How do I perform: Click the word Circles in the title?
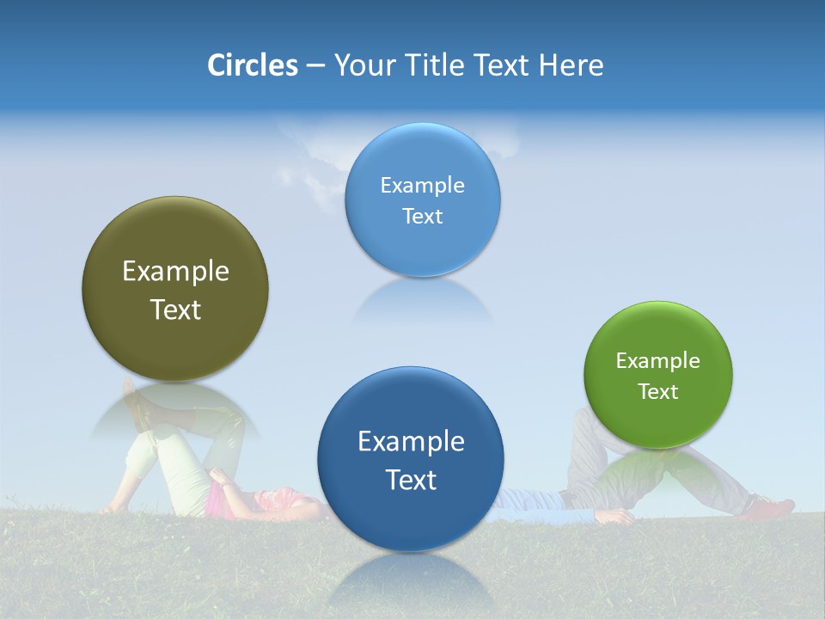[x=252, y=65]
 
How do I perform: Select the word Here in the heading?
[x=571, y=65]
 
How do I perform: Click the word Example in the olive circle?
[x=175, y=272]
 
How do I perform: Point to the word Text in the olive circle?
[x=175, y=309]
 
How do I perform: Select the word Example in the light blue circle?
[x=422, y=186]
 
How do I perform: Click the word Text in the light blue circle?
[x=422, y=217]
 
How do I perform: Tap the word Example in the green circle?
[x=658, y=361]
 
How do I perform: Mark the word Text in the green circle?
[x=658, y=392]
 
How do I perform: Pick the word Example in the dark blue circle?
[x=411, y=442]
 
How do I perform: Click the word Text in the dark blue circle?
[x=411, y=480]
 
